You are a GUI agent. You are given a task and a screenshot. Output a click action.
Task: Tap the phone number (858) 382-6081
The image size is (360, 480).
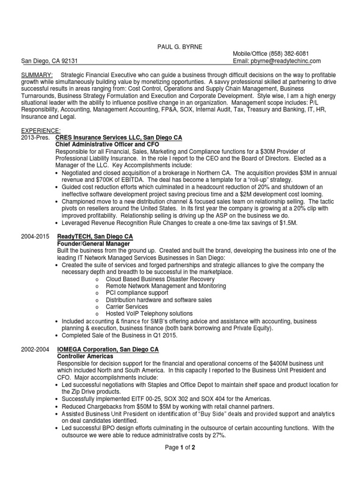click(286, 54)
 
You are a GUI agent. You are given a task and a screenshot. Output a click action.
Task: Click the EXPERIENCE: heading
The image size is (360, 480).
click(41, 130)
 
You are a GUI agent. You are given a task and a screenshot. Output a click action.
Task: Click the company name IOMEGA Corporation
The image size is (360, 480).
click(88, 350)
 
